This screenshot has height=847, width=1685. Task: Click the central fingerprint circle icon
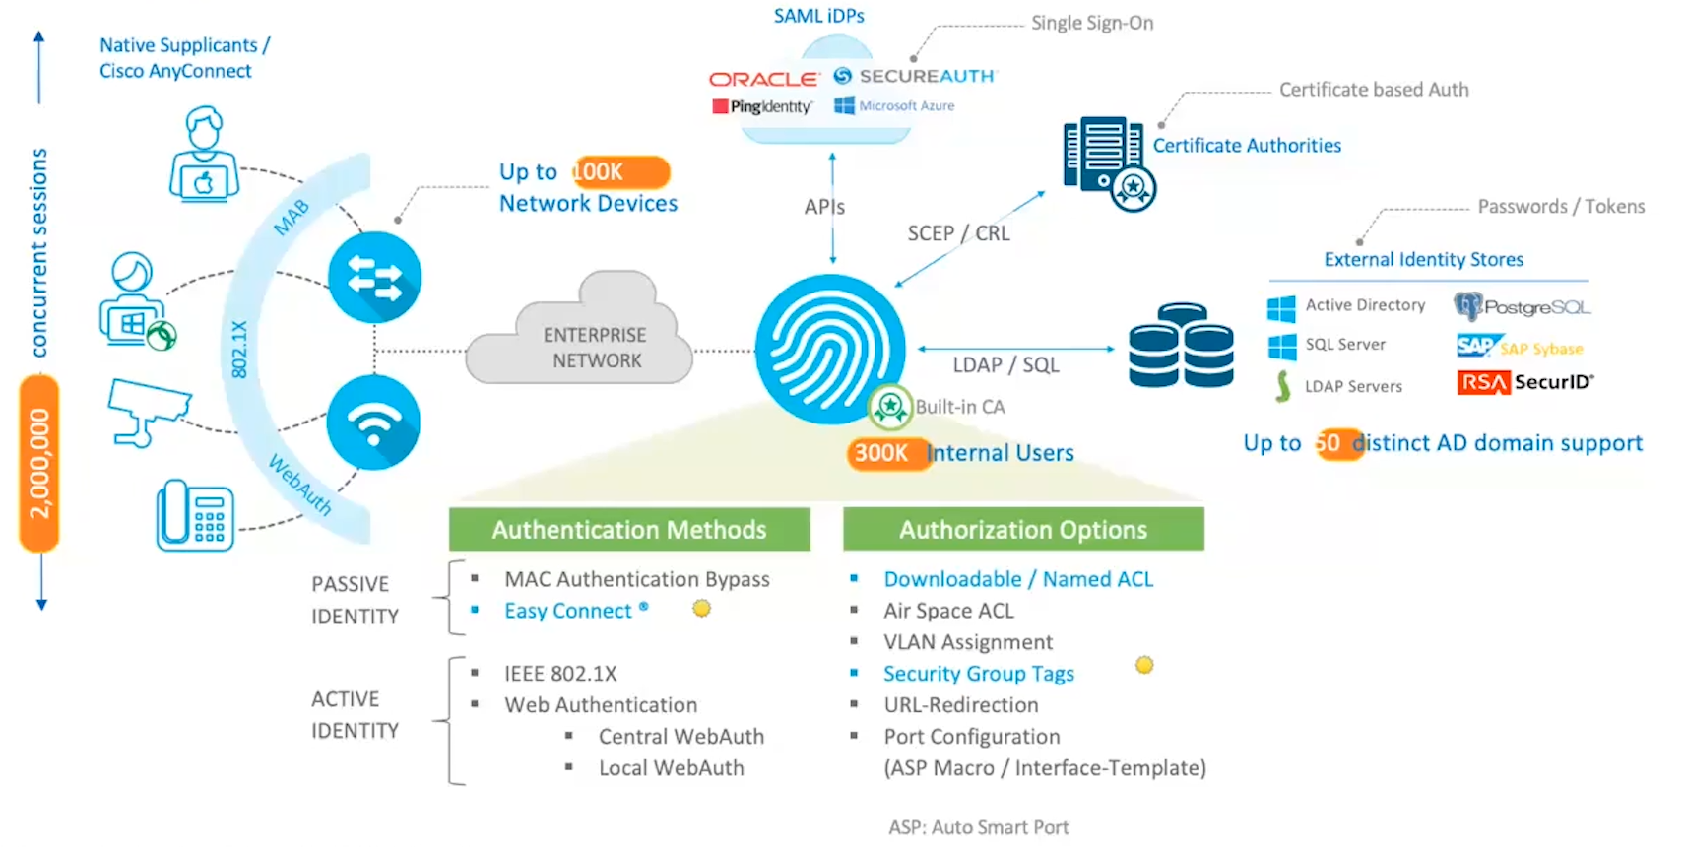[x=830, y=350]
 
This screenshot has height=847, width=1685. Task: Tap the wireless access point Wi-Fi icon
[x=374, y=423]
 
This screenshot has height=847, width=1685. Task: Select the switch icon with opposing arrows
[x=374, y=277]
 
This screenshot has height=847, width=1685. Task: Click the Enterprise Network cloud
[x=586, y=340]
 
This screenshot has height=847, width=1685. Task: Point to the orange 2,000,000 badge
[x=39, y=463]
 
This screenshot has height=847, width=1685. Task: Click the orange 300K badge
[x=881, y=453]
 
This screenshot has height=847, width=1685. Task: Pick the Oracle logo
[x=763, y=79]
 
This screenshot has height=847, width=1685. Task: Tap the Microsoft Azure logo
[x=894, y=105]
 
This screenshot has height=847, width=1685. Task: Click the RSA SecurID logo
[x=1524, y=382]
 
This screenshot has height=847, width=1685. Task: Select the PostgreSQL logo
[x=1522, y=307]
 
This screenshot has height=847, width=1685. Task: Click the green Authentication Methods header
[x=629, y=530]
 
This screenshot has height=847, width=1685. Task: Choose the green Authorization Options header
[x=1023, y=530]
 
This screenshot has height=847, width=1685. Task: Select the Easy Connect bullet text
[x=568, y=611]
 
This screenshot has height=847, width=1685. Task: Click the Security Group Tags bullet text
[x=978, y=674]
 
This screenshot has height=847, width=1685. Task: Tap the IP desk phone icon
[x=195, y=515]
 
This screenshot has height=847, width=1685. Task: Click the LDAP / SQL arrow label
[x=1005, y=365]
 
